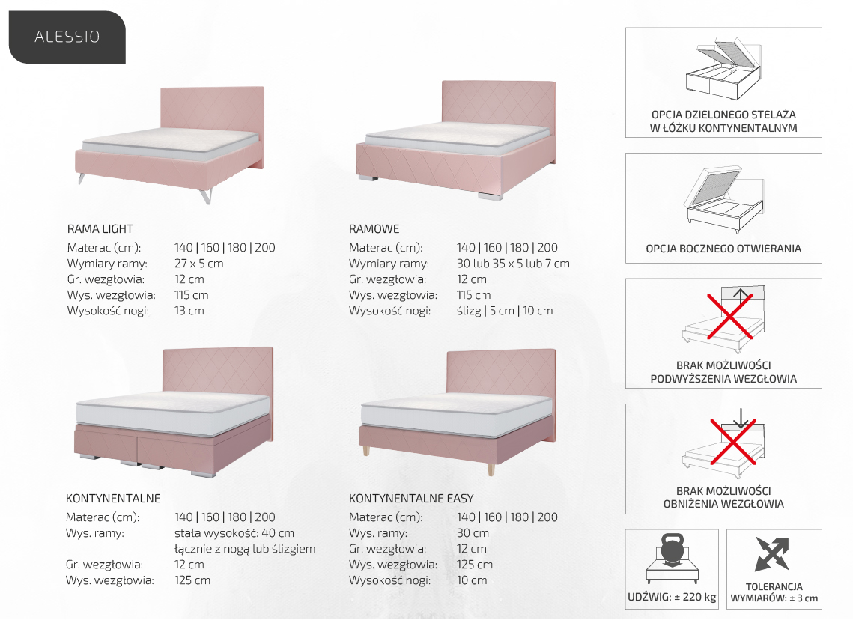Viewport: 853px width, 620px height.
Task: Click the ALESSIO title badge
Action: [67, 37]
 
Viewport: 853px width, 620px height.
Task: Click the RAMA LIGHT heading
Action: [100, 229]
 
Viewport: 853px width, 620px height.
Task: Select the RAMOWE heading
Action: [374, 229]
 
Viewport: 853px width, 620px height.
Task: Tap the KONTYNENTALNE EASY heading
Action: [411, 498]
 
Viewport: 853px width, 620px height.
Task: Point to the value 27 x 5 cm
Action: [198, 264]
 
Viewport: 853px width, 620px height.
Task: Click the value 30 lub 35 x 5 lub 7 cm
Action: [513, 264]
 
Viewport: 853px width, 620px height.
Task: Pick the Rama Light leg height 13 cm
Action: [189, 311]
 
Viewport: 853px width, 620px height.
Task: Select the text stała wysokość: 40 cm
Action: [234, 533]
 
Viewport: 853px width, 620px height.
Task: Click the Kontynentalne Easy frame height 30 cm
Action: [473, 533]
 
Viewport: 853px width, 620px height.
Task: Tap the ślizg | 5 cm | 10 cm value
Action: [505, 311]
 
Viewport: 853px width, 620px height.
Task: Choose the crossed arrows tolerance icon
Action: [772, 553]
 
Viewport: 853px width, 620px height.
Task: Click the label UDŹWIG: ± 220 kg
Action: [672, 597]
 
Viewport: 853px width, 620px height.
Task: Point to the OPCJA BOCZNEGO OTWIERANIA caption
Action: [723, 249]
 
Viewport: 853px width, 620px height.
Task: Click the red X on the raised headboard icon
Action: [730, 316]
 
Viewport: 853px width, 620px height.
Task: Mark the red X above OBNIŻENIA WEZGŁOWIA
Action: [733, 442]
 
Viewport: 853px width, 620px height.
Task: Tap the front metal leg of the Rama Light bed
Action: [206, 196]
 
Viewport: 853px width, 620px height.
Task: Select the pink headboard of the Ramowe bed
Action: [499, 103]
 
